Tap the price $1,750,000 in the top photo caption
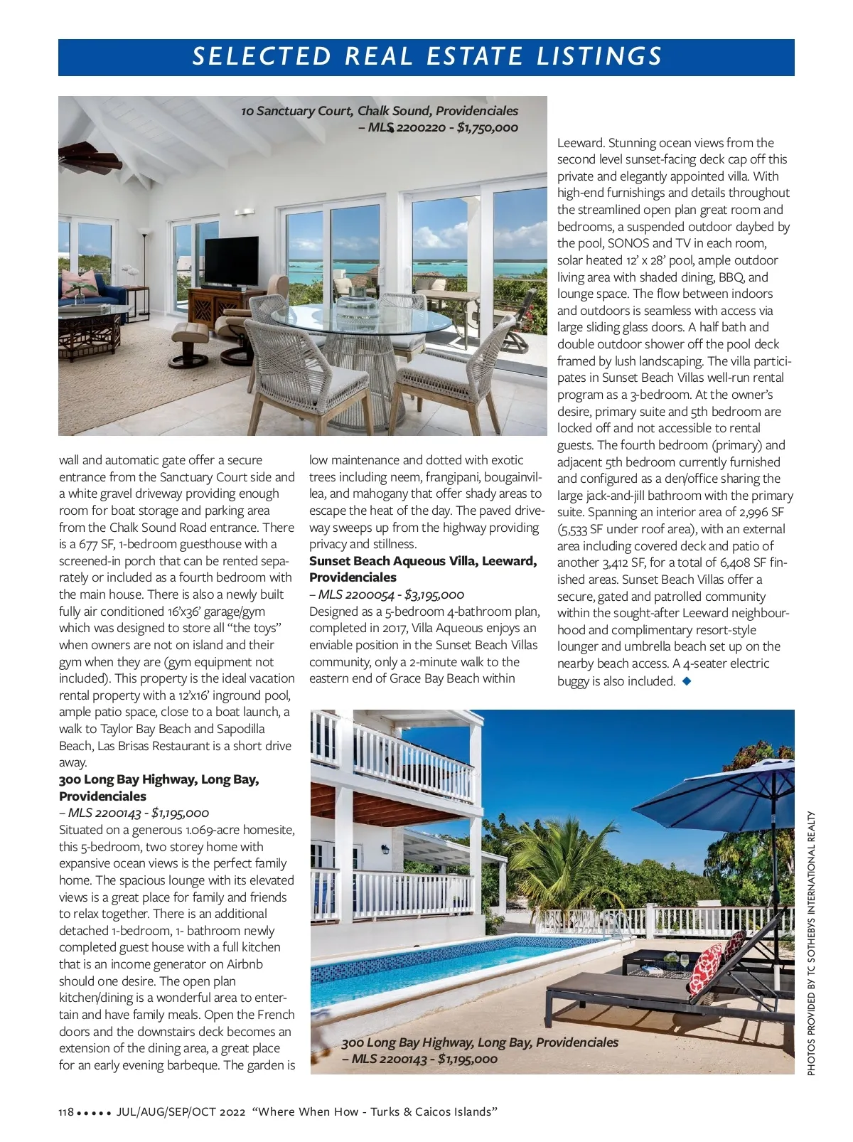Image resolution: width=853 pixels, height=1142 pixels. [x=487, y=128]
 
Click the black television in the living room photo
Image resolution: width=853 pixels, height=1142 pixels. [x=232, y=262]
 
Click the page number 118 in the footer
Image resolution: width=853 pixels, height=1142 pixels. [x=66, y=1112]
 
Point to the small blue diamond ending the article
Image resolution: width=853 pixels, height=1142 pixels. [x=686, y=681]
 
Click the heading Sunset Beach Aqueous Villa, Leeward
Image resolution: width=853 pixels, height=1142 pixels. [x=423, y=561]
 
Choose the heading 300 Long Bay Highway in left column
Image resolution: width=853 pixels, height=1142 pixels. [x=159, y=779]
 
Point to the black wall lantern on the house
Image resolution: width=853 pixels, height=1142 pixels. [x=385, y=850]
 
